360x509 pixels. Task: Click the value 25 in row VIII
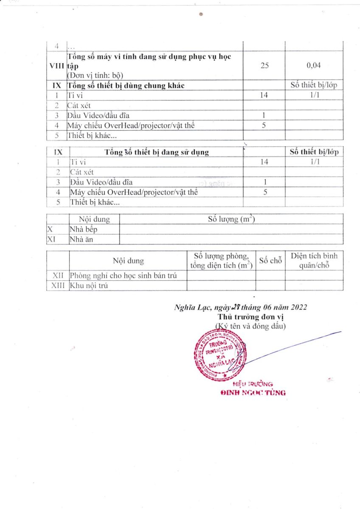[x=264, y=66]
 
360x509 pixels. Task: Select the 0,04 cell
[x=314, y=66]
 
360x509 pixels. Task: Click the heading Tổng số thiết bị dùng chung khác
[x=126, y=85]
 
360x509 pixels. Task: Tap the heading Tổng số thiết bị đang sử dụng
[x=157, y=152]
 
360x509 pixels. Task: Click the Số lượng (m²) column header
[x=231, y=219]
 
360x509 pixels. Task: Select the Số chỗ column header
[x=270, y=260]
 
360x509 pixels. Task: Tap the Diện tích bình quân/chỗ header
[x=314, y=260]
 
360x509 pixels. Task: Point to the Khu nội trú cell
[x=89, y=285]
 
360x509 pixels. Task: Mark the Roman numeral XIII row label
[x=58, y=285]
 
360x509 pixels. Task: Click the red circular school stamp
[x=220, y=354]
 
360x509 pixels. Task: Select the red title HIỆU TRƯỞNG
[x=253, y=384]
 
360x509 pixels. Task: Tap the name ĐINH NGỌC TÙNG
[x=253, y=393]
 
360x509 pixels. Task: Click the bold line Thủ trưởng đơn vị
[x=250, y=317]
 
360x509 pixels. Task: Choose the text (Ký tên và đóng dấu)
[x=250, y=326]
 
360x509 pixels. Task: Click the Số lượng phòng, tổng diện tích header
[x=221, y=260]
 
